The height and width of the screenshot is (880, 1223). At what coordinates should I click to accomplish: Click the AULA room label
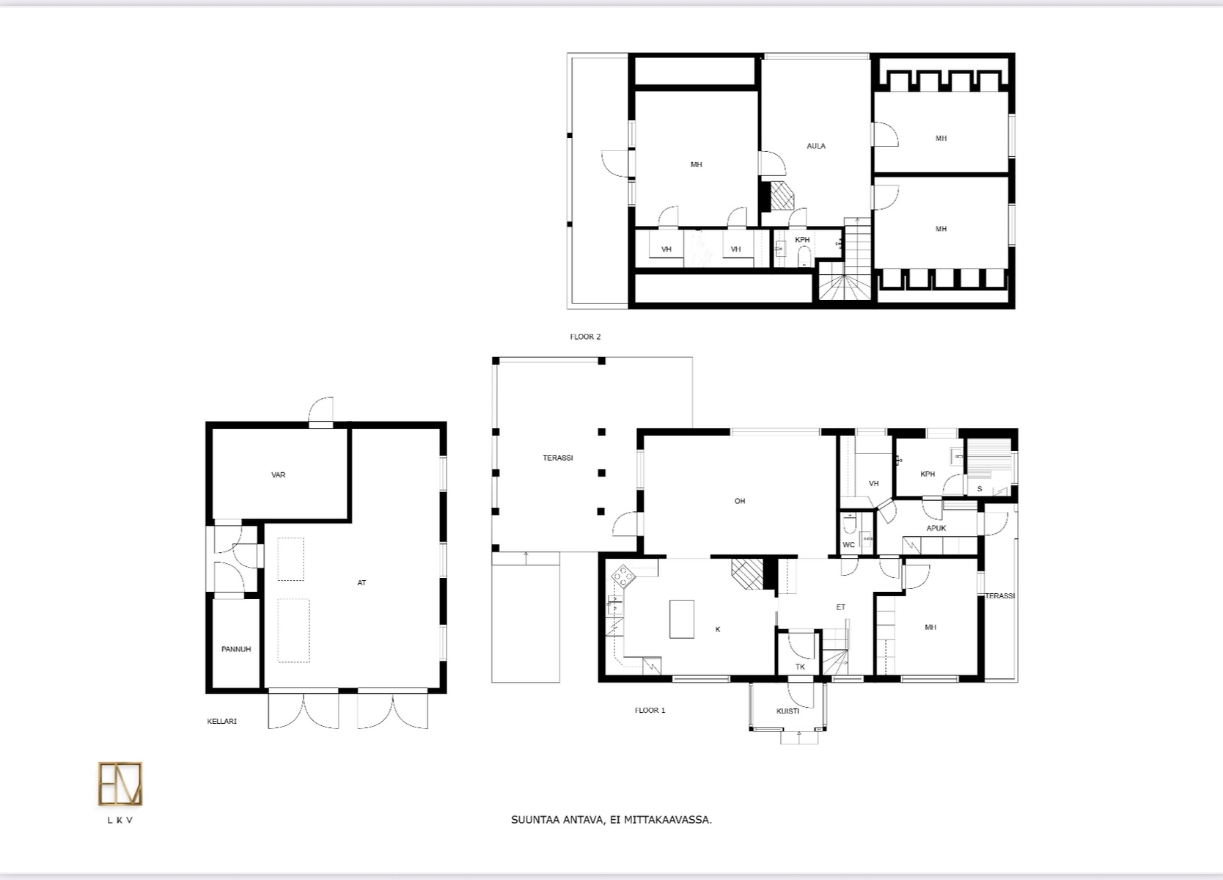815,146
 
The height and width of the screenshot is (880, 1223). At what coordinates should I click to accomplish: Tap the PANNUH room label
236,649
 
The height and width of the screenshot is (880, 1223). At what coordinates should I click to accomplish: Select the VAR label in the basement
279,475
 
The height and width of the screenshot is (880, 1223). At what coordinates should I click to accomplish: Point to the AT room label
361,582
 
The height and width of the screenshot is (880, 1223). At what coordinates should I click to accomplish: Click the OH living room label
740,501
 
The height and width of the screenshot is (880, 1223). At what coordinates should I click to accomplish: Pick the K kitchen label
718,629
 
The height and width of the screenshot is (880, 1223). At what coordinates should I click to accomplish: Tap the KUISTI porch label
788,711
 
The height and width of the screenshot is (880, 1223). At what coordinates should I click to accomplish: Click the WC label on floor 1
848,544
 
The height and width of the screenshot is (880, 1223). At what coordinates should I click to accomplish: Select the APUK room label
936,528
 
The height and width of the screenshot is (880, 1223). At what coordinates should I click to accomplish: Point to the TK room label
801,667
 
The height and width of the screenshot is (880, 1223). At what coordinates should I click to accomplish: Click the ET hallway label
841,607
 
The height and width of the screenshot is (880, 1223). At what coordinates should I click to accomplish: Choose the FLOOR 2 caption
585,337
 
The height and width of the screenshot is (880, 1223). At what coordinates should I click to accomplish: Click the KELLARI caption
221,721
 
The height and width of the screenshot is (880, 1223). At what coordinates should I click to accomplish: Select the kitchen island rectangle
682,619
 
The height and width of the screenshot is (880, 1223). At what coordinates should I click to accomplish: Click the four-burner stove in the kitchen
623,576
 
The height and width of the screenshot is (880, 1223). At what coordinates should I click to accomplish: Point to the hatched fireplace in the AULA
782,196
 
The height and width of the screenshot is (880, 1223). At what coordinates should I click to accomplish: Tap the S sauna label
980,488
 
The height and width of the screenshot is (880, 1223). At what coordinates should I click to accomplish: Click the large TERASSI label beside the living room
558,458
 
